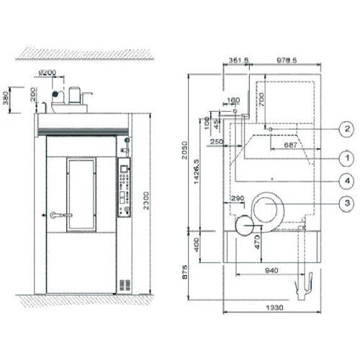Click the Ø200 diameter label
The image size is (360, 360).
48,73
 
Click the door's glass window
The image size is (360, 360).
81,196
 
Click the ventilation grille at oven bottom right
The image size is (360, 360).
125,284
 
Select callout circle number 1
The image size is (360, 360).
346,156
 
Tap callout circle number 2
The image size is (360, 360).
346,129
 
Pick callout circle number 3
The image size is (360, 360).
346,204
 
